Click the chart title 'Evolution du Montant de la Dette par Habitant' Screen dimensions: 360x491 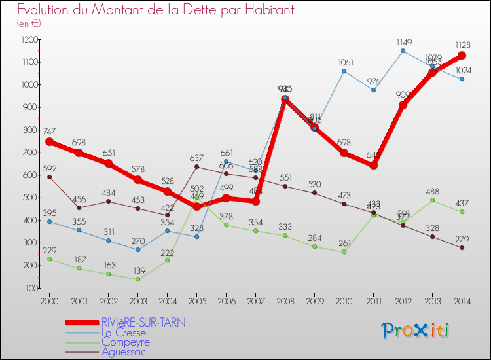[155, 10]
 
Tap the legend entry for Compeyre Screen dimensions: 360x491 [125, 342]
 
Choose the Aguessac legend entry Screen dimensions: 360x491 [124, 352]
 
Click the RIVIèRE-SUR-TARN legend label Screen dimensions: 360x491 [143, 323]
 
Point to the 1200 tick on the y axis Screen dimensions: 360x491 [29, 40]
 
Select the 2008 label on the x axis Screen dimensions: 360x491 [285, 301]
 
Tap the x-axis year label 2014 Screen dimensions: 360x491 [462, 301]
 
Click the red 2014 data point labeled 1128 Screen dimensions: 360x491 [462, 56]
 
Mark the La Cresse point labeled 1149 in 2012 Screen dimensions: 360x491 [403, 50]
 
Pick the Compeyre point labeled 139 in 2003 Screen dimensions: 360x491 [137, 279]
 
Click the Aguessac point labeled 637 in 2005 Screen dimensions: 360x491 [196, 166]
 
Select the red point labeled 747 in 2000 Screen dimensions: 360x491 [49, 141]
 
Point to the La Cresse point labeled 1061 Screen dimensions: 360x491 [344, 71]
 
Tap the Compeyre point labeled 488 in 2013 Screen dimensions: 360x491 [432, 200]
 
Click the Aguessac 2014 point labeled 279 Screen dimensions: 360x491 [462, 247]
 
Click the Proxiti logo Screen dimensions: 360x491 [416, 331]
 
